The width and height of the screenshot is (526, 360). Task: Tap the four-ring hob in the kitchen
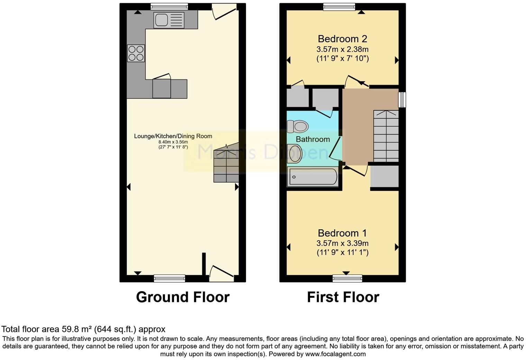136,54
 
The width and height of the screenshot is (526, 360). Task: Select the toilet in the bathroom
298,127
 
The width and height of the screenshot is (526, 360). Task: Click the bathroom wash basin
295,154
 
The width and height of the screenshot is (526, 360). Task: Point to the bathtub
313,177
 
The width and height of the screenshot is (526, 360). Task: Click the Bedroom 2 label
342,39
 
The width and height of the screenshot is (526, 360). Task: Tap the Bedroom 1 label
342,233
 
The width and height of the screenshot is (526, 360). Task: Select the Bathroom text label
313,139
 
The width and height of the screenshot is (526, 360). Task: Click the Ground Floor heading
183,297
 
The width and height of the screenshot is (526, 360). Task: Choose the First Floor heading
343,297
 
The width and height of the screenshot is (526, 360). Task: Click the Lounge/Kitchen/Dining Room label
173,136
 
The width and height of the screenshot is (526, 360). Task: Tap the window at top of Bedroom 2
339,7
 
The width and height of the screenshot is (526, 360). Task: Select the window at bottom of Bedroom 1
347,278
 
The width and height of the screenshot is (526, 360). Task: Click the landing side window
402,100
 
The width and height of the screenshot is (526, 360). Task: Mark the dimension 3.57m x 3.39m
342,243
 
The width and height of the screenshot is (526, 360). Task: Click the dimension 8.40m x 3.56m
173,142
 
